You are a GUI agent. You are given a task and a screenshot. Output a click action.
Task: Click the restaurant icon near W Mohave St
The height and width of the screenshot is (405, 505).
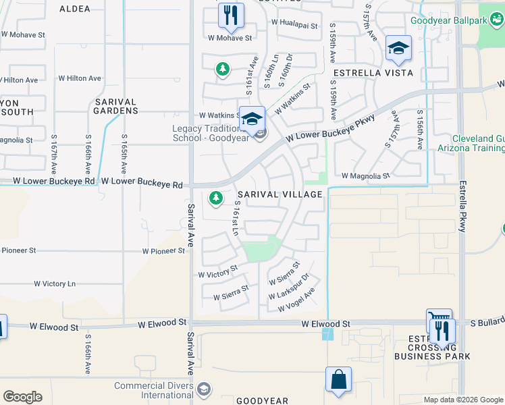tap(231, 16)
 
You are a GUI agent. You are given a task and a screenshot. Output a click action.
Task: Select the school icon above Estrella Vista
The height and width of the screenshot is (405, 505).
tap(398, 49)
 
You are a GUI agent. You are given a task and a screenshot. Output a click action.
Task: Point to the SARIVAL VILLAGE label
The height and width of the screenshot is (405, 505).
tap(280, 194)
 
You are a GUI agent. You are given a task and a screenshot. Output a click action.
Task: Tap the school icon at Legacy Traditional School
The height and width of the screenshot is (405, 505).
tap(252, 119)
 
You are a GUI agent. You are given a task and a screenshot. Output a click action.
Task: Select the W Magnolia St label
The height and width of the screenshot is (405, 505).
tap(366, 175)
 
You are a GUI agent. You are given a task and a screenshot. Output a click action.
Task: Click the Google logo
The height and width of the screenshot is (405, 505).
tap(22, 397)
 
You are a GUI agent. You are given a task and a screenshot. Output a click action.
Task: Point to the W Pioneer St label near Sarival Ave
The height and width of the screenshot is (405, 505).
tap(163, 251)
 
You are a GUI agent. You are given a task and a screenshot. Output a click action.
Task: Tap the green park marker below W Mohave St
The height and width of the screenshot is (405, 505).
tap(221, 69)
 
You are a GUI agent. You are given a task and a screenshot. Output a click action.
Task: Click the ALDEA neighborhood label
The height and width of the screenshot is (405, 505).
tap(74, 9)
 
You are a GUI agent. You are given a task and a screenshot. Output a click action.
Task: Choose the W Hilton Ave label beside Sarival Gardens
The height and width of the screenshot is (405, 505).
tap(80, 78)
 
